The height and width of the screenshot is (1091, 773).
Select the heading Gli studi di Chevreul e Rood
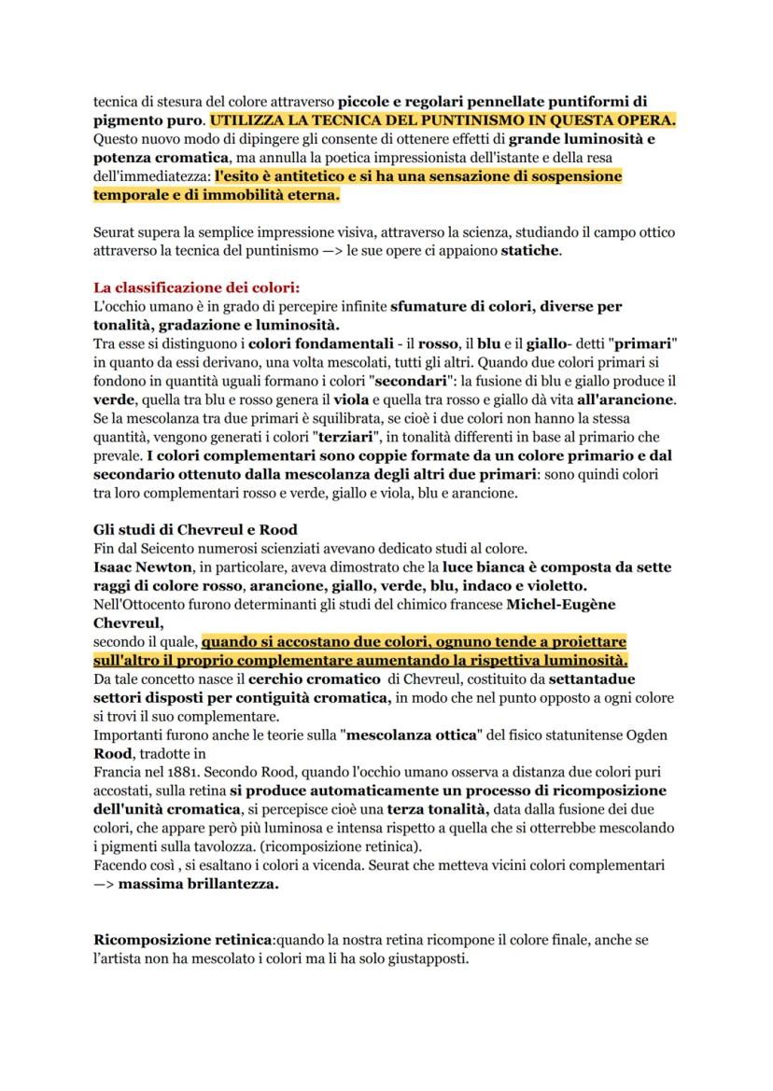tap(195, 529)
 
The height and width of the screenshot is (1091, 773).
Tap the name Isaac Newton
tap(138, 566)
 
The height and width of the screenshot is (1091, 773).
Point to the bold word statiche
tap(530, 250)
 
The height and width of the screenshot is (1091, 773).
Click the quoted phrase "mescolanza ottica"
tap(420, 734)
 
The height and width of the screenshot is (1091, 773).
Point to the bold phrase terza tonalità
tap(442, 809)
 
